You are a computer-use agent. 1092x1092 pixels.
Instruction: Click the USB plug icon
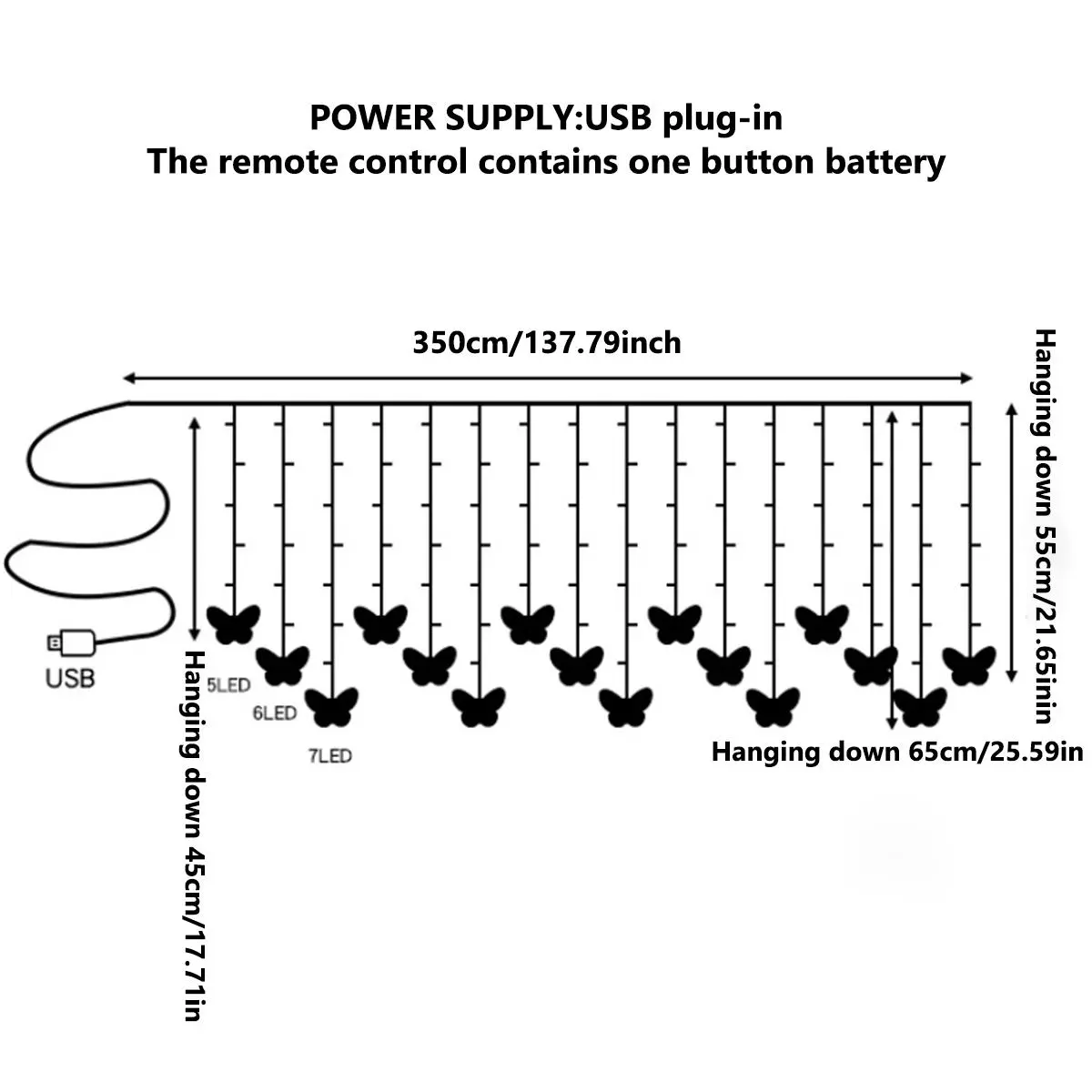[x=71, y=642]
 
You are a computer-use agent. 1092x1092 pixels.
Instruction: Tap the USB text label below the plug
[x=70, y=678]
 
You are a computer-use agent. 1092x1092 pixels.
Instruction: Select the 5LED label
[x=228, y=685]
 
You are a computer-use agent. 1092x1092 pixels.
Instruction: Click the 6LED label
[x=275, y=713]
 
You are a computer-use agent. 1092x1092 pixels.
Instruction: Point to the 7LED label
[x=329, y=755]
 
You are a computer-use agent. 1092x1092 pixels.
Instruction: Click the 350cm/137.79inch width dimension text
[x=547, y=343]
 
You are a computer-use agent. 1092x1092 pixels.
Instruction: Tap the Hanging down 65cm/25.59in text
[x=897, y=753]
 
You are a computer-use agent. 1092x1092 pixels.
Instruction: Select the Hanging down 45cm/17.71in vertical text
[x=192, y=835]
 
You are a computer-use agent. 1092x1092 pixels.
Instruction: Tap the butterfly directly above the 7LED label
[x=331, y=707]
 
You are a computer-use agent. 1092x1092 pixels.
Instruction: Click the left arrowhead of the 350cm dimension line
[x=128, y=377]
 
